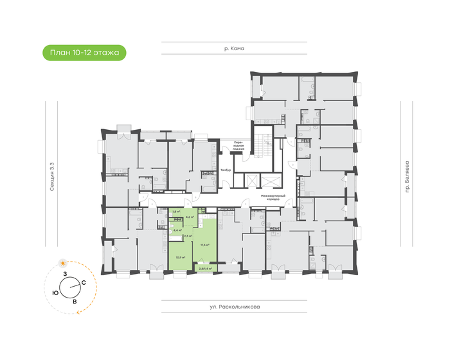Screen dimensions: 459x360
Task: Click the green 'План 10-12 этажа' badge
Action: coord(84,52)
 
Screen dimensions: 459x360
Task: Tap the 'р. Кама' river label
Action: coord(234,48)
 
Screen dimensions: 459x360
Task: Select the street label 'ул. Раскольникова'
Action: coord(234,307)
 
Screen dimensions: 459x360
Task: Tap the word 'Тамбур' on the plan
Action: coord(225,170)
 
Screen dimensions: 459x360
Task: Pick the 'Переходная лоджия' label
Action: coord(238,147)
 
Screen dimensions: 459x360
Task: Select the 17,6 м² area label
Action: coord(204,245)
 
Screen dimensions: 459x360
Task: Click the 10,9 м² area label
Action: coord(181,257)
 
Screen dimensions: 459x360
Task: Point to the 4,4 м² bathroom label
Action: coord(178,230)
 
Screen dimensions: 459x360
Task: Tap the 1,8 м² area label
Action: coord(175,212)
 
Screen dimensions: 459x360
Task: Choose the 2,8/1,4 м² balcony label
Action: coord(206,260)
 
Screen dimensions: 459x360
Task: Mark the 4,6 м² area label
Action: coord(189,217)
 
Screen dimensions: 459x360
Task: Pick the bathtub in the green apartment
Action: coord(176,221)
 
